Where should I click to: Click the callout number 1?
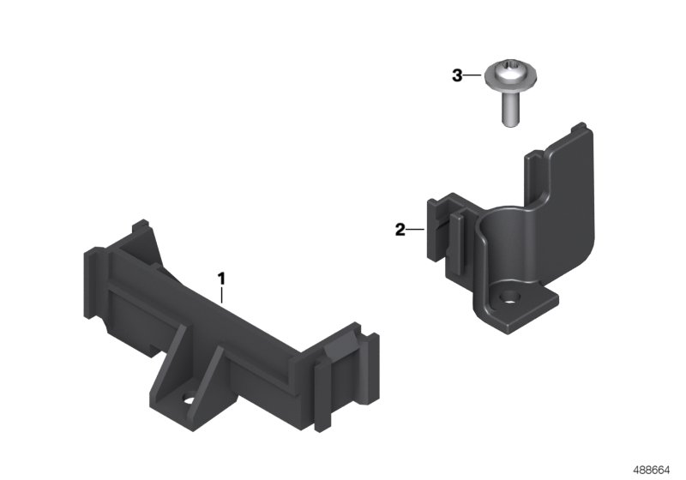coord(221,279)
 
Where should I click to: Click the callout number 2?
coord(400,230)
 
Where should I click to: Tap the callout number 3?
coord(457,76)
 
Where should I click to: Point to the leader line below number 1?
coord(221,296)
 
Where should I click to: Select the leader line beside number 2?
coord(416,230)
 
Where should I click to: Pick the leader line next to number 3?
coord(472,76)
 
